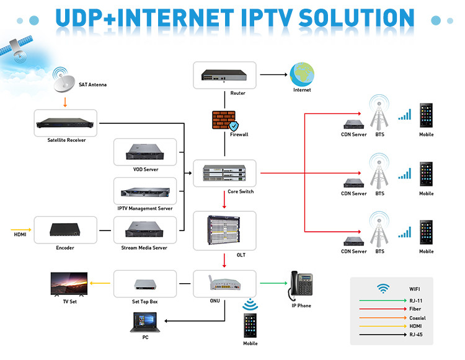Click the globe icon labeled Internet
point(302,75)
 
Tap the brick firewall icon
point(224,120)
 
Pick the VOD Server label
point(146,169)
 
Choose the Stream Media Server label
point(146,248)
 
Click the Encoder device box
point(65,230)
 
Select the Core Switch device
point(224,173)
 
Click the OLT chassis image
point(224,230)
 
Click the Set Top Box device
point(146,285)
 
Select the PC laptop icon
point(145,322)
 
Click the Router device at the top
point(224,76)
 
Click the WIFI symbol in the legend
point(383,288)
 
